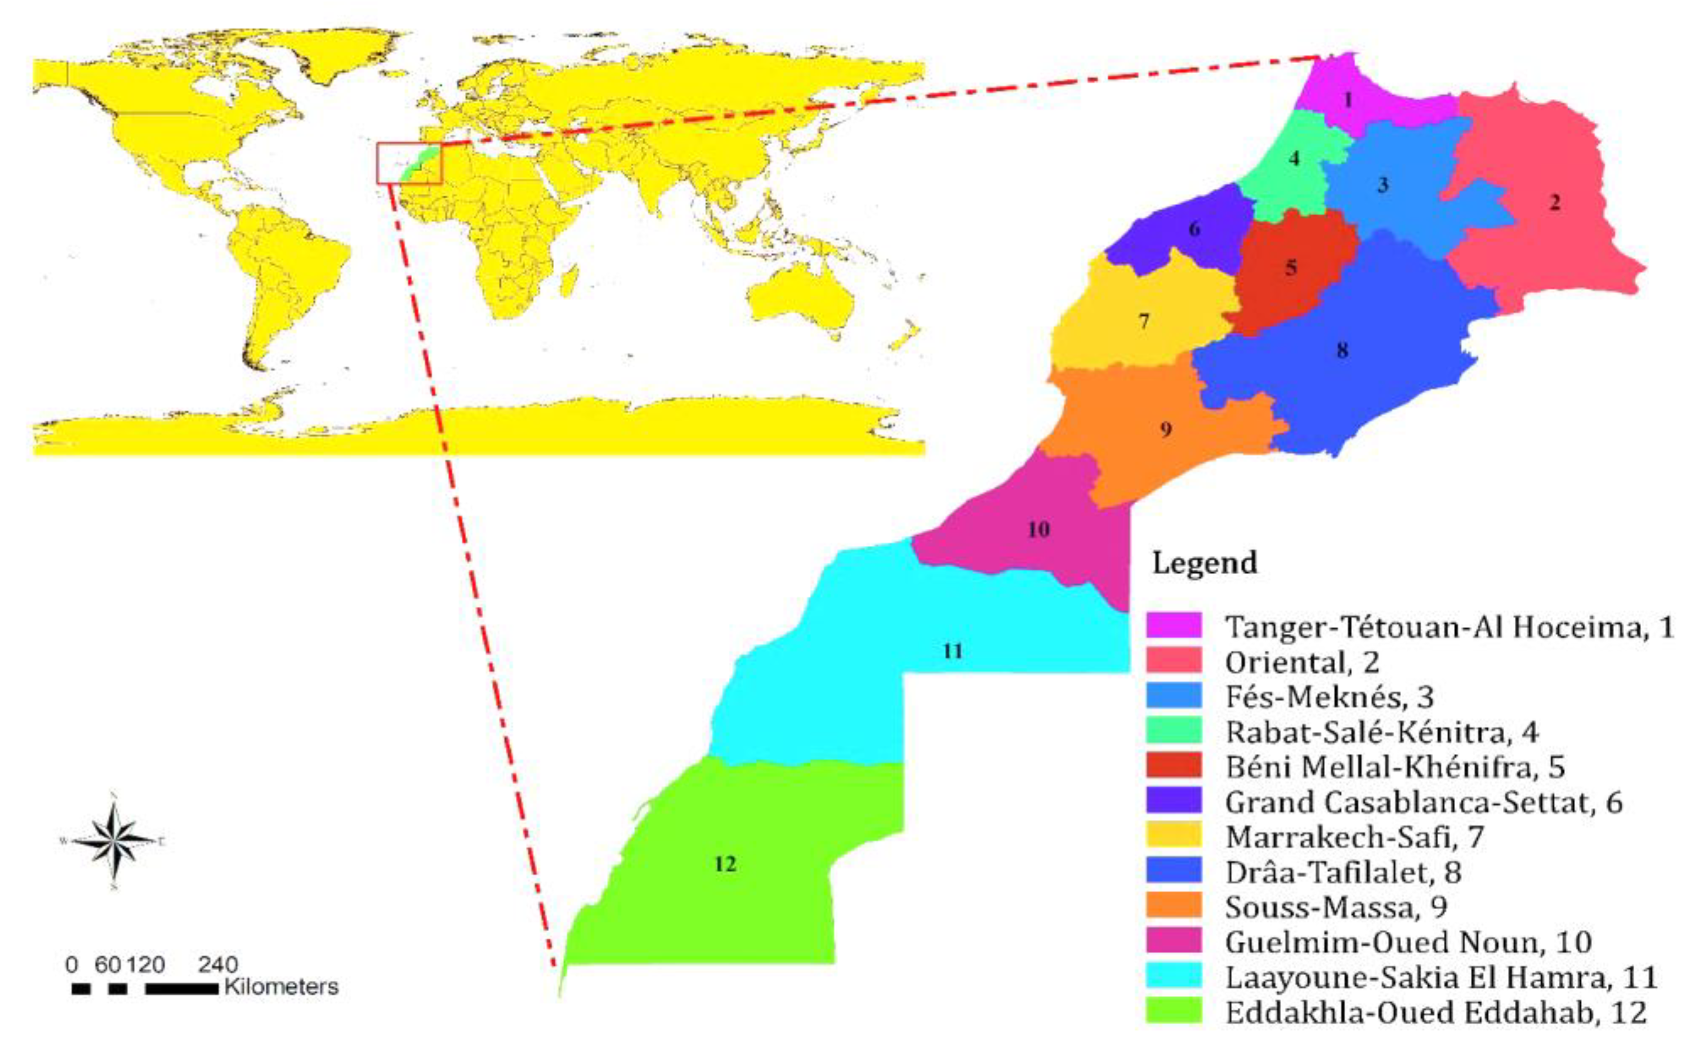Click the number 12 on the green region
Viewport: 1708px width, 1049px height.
pyautogui.click(x=725, y=864)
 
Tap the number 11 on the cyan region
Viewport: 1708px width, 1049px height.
pyautogui.click(x=953, y=651)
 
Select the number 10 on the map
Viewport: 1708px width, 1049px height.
pyautogui.click(x=1038, y=530)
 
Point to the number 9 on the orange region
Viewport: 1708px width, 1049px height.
pyautogui.click(x=1166, y=429)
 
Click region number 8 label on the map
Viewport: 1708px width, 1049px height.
pyautogui.click(x=1343, y=350)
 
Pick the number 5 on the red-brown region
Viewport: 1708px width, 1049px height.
pyautogui.click(x=1291, y=268)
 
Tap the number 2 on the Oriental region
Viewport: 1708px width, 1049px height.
pyautogui.click(x=1555, y=203)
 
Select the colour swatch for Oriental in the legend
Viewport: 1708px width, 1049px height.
pyautogui.click(x=1174, y=660)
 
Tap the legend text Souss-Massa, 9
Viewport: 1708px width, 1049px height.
pyautogui.click(x=1336, y=907)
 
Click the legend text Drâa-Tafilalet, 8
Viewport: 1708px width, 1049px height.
pyautogui.click(x=1343, y=872)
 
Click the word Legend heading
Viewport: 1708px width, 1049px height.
pyautogui.click(x=1205, y=563)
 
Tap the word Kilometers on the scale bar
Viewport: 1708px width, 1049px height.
pyautogui.click(x=281, y=987)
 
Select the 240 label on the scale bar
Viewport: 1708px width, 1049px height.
pyautogui.click(x=218, y=964)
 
